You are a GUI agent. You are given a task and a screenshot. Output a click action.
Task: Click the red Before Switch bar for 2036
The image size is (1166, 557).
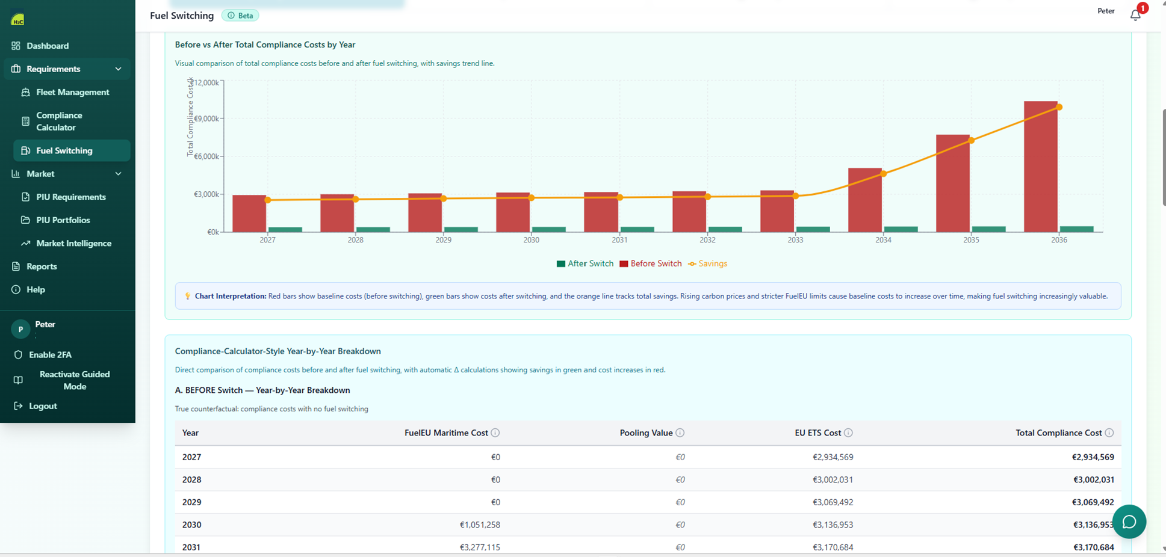[x=1040, y=167]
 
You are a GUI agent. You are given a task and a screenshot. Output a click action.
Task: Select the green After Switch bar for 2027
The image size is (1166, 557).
[x=285, y=229]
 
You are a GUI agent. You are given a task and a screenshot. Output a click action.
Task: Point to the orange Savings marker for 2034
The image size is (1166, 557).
[x=884, y=173]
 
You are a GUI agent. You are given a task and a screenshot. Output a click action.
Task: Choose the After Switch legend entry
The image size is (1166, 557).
[x=585, y=263]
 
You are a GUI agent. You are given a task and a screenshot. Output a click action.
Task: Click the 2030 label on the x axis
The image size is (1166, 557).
[x=531, y=239]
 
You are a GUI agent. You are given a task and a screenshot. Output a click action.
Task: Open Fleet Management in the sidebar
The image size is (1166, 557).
[x=72, y=92]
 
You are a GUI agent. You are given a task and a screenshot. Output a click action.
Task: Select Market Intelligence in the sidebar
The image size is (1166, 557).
[x=73, y=243]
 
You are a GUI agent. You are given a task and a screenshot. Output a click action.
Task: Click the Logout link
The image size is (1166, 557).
[x=43, y=406]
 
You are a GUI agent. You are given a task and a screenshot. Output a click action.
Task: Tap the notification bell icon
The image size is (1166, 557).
[x=1135, y=15]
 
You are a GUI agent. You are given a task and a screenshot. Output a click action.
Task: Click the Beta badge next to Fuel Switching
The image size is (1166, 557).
[x=240, y=16]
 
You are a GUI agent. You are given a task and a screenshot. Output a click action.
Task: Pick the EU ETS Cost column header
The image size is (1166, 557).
[x=817, y=432]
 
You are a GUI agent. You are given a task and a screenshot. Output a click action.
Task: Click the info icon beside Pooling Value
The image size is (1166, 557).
[x=680, y=432]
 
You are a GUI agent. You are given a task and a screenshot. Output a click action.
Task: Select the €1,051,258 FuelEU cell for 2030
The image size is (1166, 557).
[x=480, y=525]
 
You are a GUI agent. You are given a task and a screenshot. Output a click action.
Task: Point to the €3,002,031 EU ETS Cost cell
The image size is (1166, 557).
[x=833, y=479]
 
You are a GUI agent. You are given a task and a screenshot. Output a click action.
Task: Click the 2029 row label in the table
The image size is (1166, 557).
[x=191, y=502]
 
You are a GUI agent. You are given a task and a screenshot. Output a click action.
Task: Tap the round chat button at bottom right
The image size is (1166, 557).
[x=1129, y=522]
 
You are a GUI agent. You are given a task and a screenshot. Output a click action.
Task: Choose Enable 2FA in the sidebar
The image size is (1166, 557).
[x=50, y=355]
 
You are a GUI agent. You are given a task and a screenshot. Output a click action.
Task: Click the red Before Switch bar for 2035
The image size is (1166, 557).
[x=952, y=183]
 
